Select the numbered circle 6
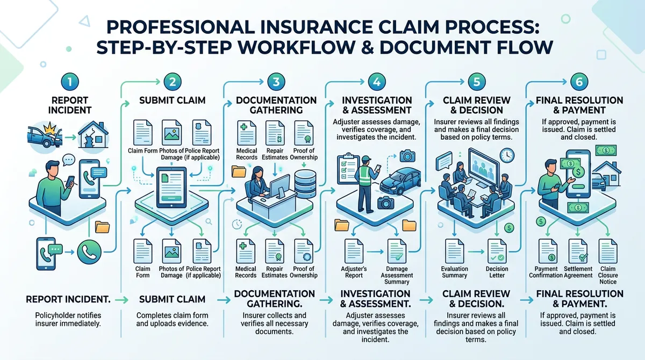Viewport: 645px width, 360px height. click(x=579, y=83)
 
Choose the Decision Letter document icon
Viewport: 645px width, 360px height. click(x=496, y=251)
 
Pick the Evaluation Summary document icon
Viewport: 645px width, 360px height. click(x=455, y=251)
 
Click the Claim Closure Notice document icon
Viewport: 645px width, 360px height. click(x=608, y=251)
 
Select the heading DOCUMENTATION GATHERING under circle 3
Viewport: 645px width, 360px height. click(x=276, y=105)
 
